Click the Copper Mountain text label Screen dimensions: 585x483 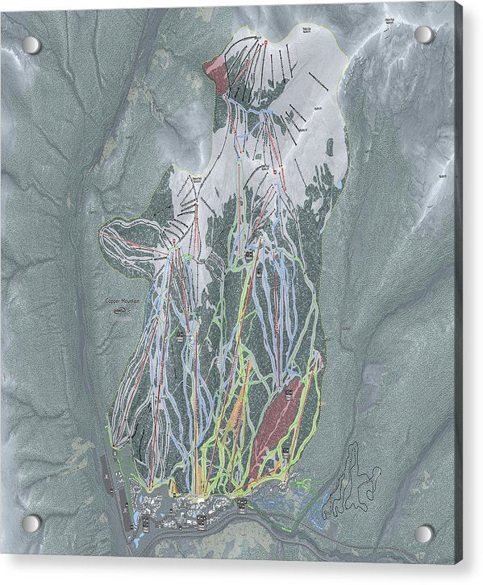point(123,301)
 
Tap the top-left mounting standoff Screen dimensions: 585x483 point(31,44)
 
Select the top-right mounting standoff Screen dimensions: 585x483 point(423,34)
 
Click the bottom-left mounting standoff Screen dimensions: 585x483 point(31,523)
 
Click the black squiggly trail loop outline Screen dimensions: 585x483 point(351,483)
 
